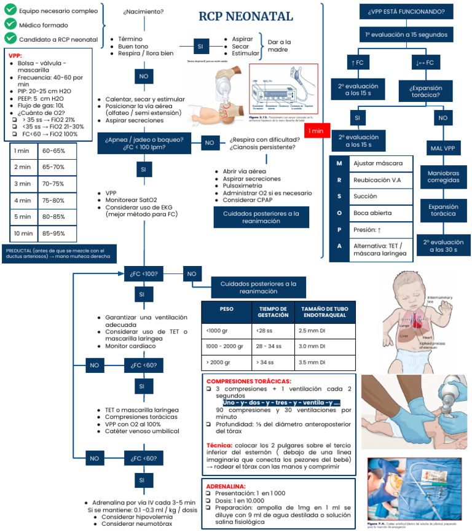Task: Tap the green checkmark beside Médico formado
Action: [10, 24]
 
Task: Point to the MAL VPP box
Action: [442, 147]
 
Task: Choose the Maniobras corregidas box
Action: [442, 178]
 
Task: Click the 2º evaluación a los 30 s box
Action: [442, 246]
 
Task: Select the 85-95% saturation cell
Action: [57, 233]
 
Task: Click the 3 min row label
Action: [23, 184]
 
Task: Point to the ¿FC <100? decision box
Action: [143, 274]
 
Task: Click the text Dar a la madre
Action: [280, 46]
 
